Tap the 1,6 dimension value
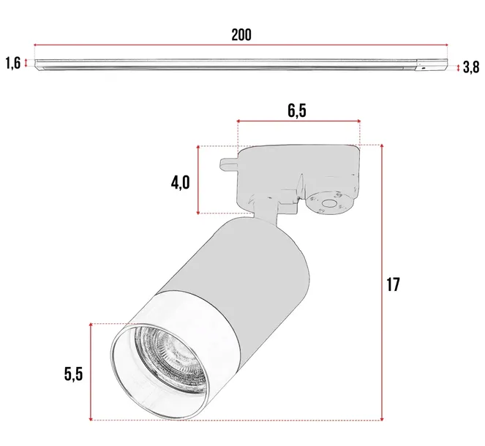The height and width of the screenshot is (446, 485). coord(12,63)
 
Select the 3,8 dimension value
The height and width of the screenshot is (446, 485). coord(471,67)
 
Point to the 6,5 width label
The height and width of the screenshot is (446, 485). coord(297,110)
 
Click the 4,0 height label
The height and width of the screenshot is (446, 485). coord(180,181)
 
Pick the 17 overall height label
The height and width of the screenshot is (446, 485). coord(394,284)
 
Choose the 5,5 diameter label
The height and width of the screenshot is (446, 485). coord(72,374)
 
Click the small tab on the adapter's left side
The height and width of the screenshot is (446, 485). coord(229,162)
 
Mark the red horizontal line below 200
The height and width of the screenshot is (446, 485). coord(241,45)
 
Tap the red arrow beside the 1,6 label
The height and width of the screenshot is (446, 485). coord(26,64)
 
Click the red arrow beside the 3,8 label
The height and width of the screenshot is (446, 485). coord(459,67)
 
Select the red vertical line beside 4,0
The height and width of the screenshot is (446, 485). coord(198,180)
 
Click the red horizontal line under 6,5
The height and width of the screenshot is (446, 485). coord(298,121)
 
